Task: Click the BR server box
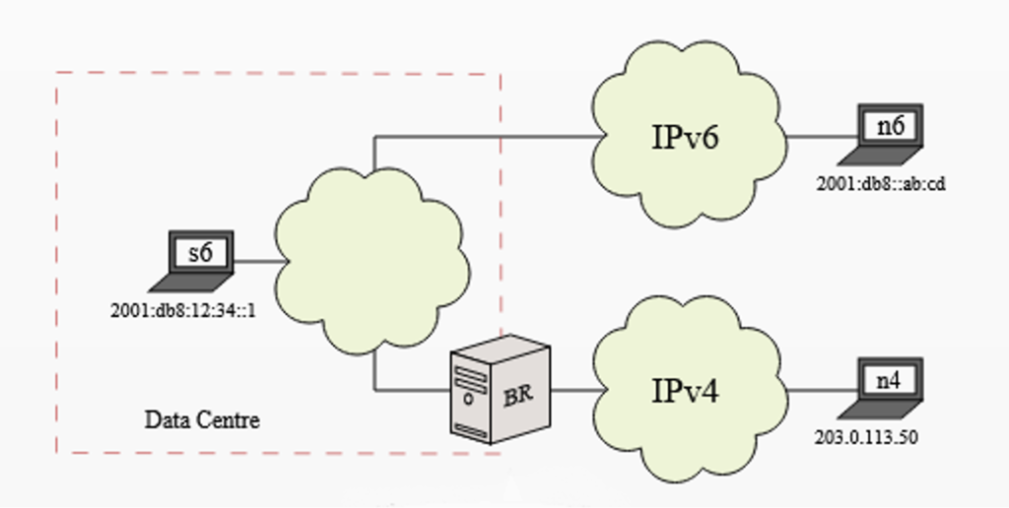pyautogui.click(x=497, y=389)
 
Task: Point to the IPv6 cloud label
pyautogui.click(x=686, y=137)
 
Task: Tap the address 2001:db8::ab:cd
pyautogui.click(x=881, y=184)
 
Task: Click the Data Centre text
pyautogui.click(x=202, y=420)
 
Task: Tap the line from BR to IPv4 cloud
pyautogui.click(x=575, y=390)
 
